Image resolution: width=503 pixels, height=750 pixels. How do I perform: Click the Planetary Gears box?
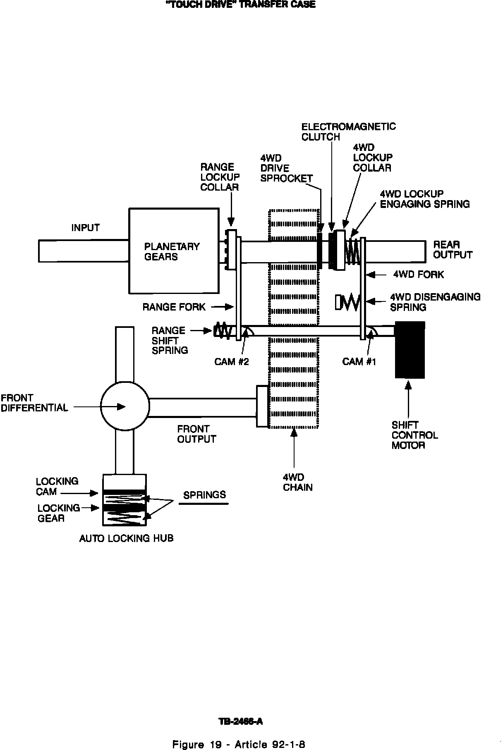tap(174, 251)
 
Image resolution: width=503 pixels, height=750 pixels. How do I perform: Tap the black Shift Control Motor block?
tap(410, 350)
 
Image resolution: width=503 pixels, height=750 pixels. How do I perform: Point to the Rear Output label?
tap(453, 250)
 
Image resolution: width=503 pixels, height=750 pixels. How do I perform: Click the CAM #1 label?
tap(359, 362)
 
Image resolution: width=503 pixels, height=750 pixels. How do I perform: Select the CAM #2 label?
tap(232, 362)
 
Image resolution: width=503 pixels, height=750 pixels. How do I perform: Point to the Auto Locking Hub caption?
tap(126, 538)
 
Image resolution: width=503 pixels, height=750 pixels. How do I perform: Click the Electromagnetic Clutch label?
tap(348, 131)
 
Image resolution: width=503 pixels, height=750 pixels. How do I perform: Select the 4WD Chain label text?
tap(297, 482)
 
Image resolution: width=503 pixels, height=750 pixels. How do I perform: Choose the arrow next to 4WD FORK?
tap(376, 275)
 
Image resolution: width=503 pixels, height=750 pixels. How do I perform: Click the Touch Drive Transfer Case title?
tap(240, 5)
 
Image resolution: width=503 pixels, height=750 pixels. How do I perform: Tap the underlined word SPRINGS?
tap(204, 495)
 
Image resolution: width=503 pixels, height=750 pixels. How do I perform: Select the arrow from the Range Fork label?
tap(223, 307)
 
